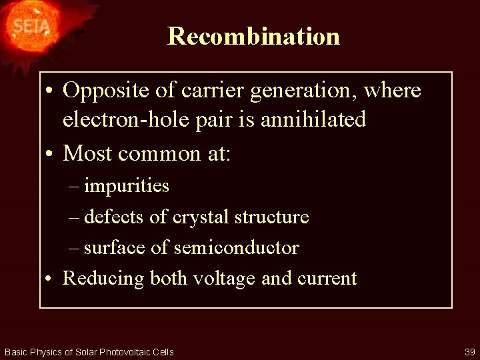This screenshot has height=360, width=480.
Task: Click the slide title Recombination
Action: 253,36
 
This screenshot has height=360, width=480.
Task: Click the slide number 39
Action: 469,352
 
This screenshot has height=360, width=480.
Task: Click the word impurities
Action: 127,186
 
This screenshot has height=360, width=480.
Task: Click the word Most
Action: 87,153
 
